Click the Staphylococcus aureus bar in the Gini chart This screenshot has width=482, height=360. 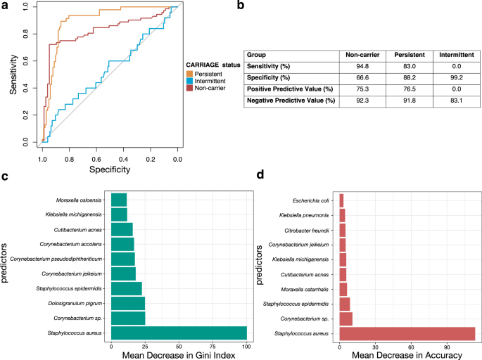point(179,333)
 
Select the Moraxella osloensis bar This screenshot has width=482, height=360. point(119,200)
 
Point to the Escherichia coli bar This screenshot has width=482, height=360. point(341,200)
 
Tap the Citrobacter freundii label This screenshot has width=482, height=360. point(310,229)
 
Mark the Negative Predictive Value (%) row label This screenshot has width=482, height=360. point(290,102)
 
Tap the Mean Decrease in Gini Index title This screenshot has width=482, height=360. point(179,356)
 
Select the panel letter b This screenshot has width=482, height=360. point(241,6)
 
